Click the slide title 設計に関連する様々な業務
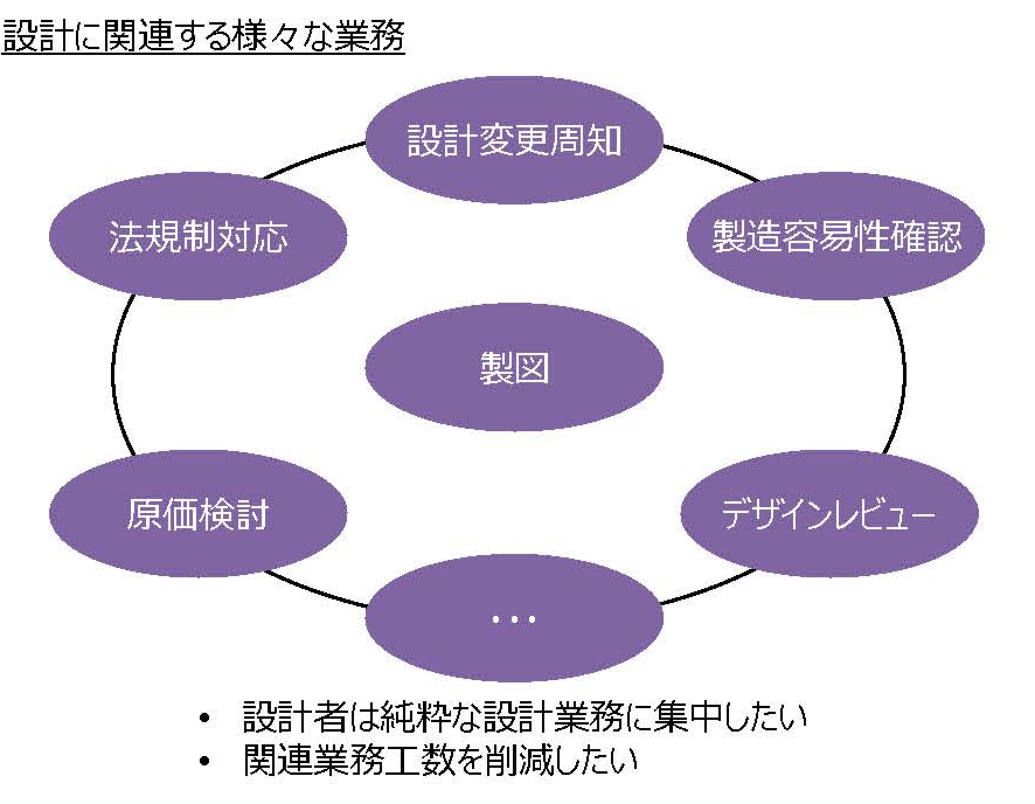pyautogui.click(x=203, y=36)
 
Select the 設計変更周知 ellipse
pyautogui.click(x=514, y=140)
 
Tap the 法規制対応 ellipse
pyautogui.click(x=198, y=236)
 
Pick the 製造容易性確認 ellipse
pyautogui.click(x=836, y=236)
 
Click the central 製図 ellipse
pyautogui.click(x=514, y=367)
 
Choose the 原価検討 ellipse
pyautogui.click(x=198, y=514)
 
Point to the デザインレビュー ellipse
pyautogui.click(x=829, y=514)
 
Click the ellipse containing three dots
pyautogui.click(x=514, y=619)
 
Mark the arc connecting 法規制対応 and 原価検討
pyautogui.click(x=113, y=374)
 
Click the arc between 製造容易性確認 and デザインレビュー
pyautogui.click(x=904, y=374)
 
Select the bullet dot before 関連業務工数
pyautogui.click(x=204, y=761)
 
